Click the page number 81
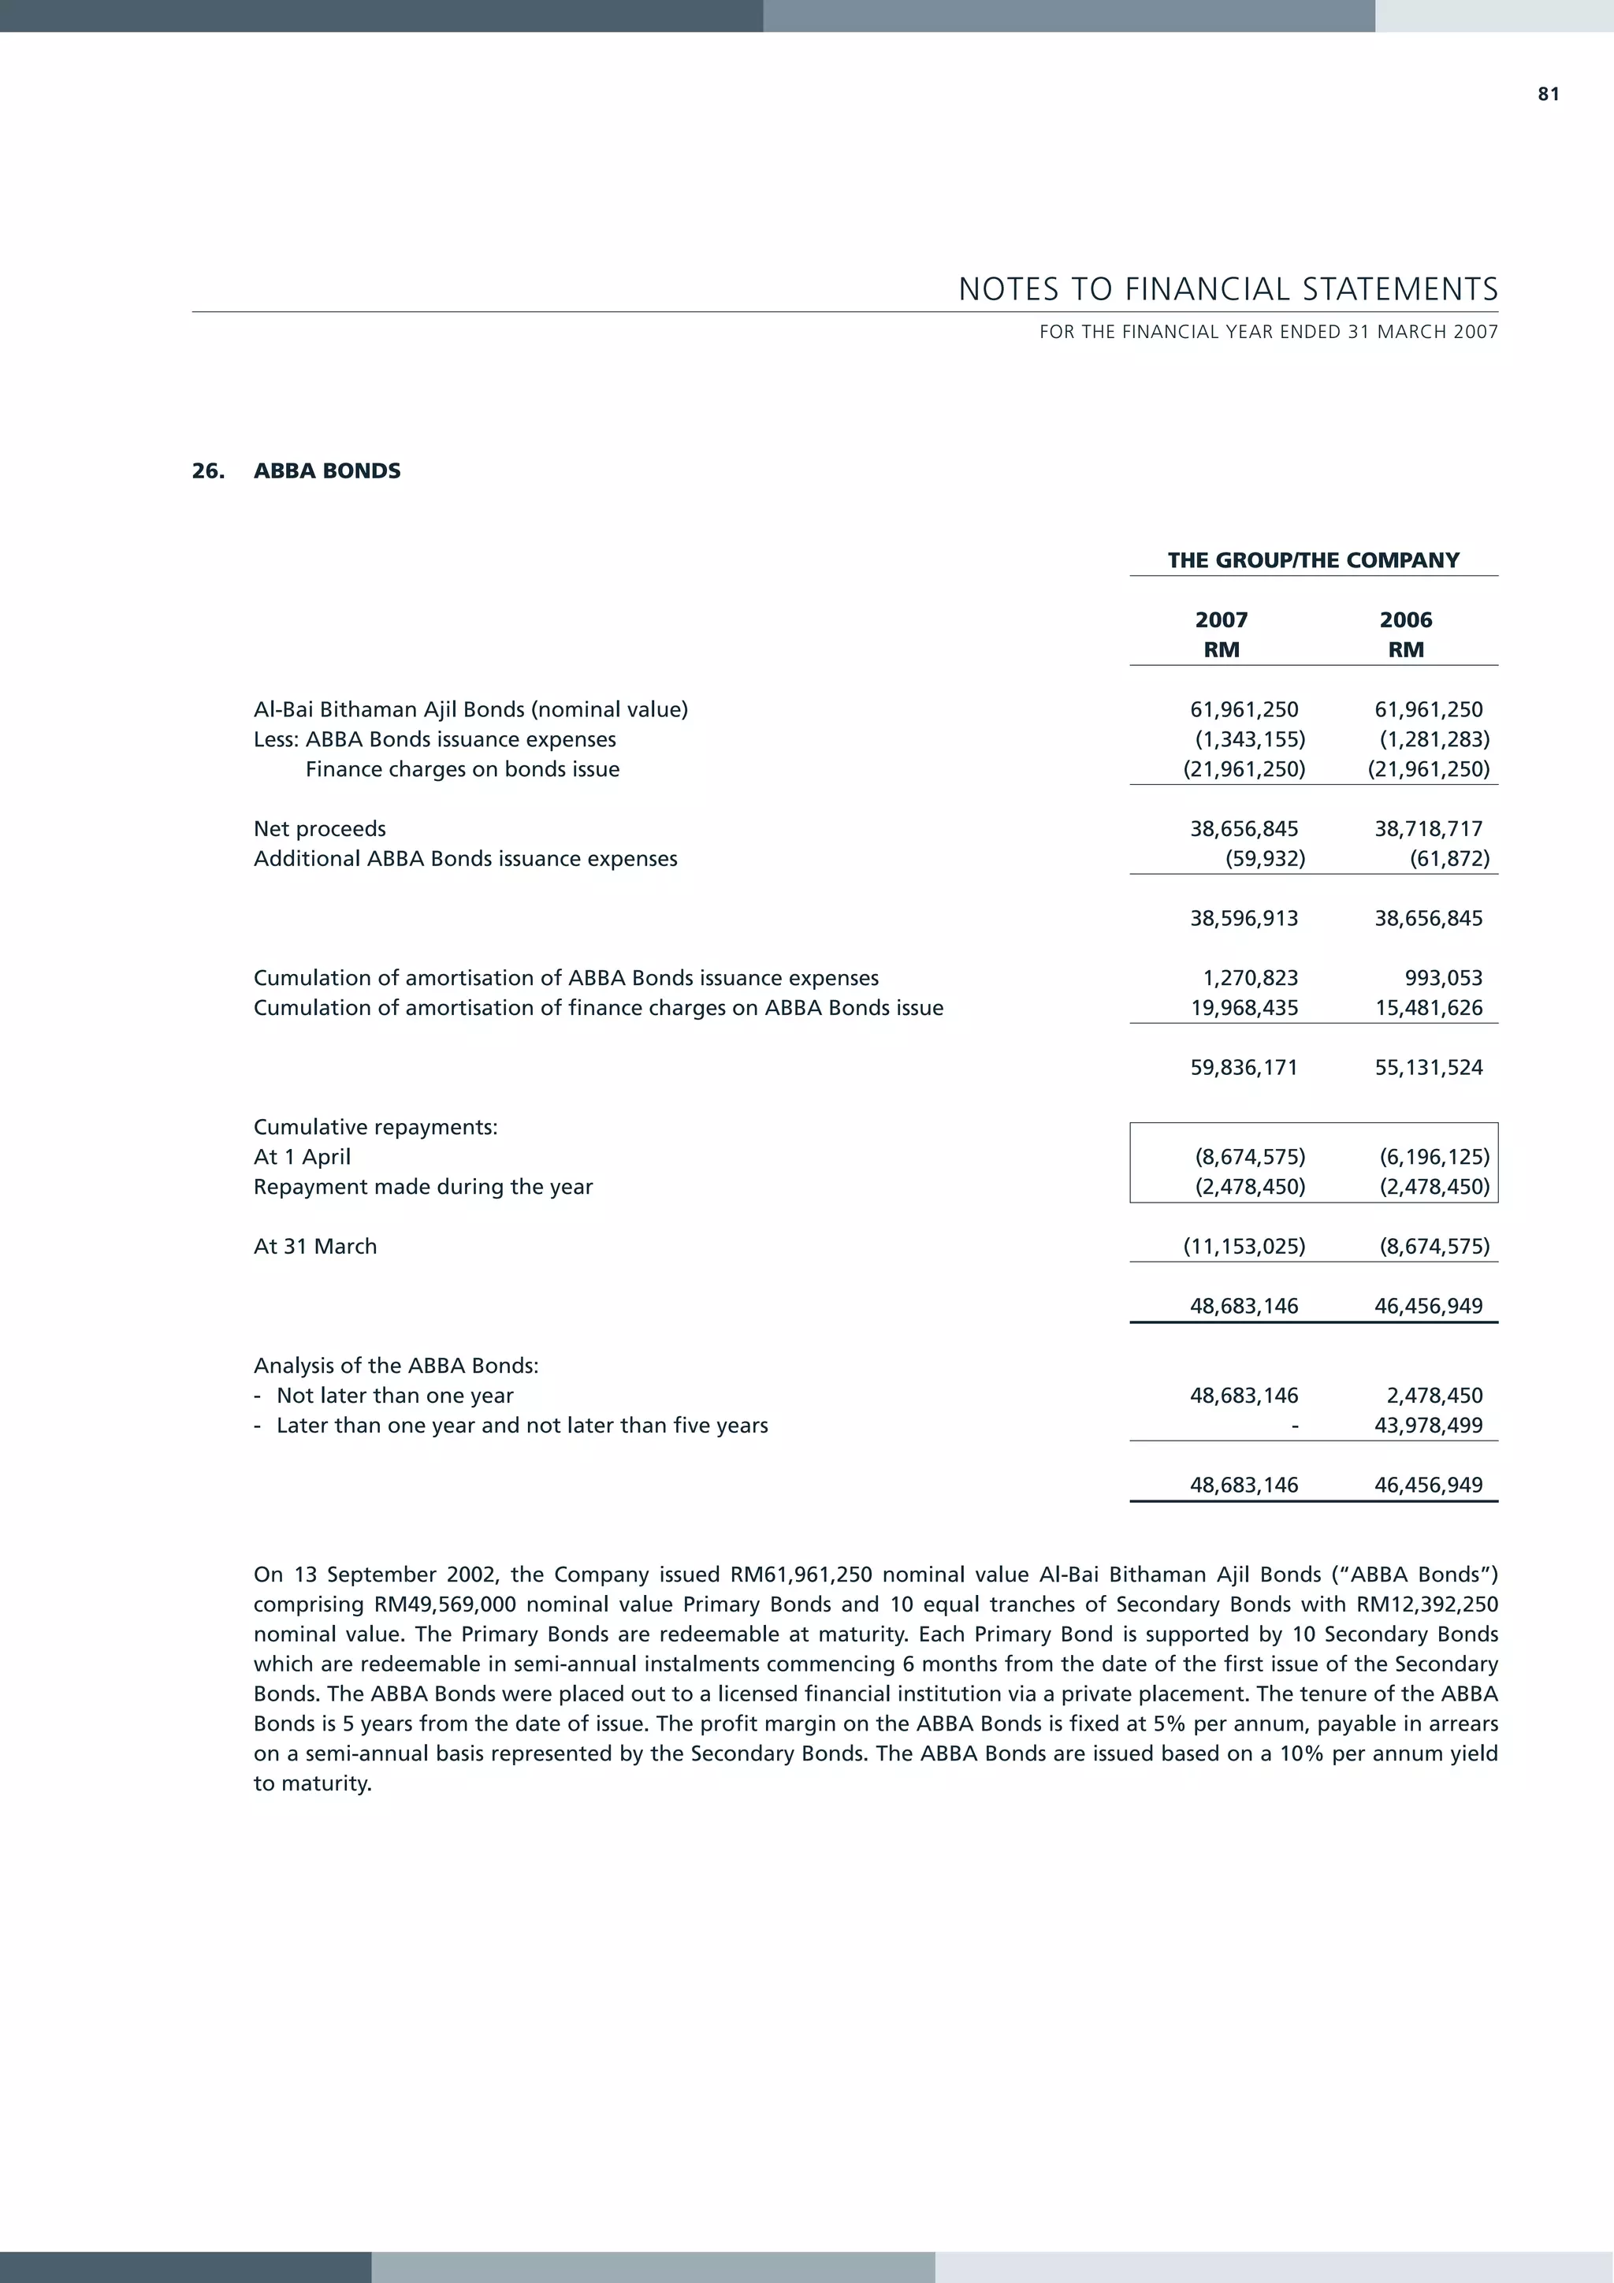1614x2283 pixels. pyautogui.click(x=1549, y=95)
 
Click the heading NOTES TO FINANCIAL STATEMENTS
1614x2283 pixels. pyautogui.click(x=1227, y=289)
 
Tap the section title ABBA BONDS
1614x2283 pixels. pyautogui.click(x=326, y=470)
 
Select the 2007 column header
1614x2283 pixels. pyautogui.click(x=1222, y=619)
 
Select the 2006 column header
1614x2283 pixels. pyautogui.click(x=1405, y=619)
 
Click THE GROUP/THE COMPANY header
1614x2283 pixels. pyautogui.click(x=1313, y=560)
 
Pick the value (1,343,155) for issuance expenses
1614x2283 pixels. pyautogui.click(x=1250, y=738)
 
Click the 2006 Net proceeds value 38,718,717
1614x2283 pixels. pyautogui.click(x=1428, y=828)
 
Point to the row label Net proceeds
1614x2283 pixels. pyautogui.click(x=319, y=828)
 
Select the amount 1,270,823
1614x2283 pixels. pyautogui.click(x=1250, y=977)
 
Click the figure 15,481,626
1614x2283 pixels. pyautogui.click(x=1428, y=1007)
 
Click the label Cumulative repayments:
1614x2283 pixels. pyautogui.click(x=375, y=1127)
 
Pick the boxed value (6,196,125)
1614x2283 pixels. pyautogui.click(x=1434, y=1156)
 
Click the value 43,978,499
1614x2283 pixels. pyautogui.click(x=1428, y=1425)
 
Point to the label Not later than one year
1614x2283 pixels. pyautogui.click(x=395, y=1395)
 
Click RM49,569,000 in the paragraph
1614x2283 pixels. pyautogui.click(x=445, y=1604)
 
